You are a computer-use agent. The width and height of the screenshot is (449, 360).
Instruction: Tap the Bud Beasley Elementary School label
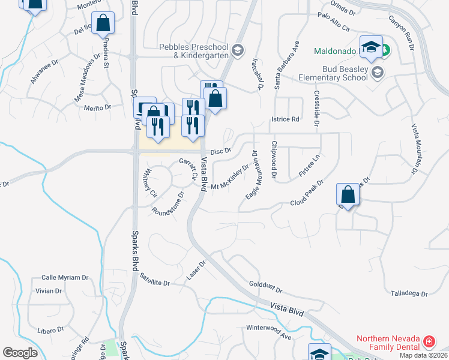tap(334, 73)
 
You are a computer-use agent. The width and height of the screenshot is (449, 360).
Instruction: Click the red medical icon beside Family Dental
tap(429, 342)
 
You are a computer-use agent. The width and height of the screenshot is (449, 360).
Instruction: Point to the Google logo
tap(20, 353)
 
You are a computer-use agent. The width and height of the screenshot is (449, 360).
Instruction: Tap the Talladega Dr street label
tap(409, 294)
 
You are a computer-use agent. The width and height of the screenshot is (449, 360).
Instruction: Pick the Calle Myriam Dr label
tap(65, 278)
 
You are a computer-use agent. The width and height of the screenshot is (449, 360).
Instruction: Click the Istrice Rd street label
tap(285, 119)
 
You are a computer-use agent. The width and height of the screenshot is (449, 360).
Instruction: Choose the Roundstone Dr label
tap(169, 204)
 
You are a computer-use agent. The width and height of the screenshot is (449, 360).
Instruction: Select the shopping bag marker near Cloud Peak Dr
tap(348, 194)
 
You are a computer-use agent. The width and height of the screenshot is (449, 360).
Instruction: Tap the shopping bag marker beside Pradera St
tap(103, 23)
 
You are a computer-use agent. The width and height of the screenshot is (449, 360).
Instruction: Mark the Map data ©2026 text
tap(423, 355)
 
